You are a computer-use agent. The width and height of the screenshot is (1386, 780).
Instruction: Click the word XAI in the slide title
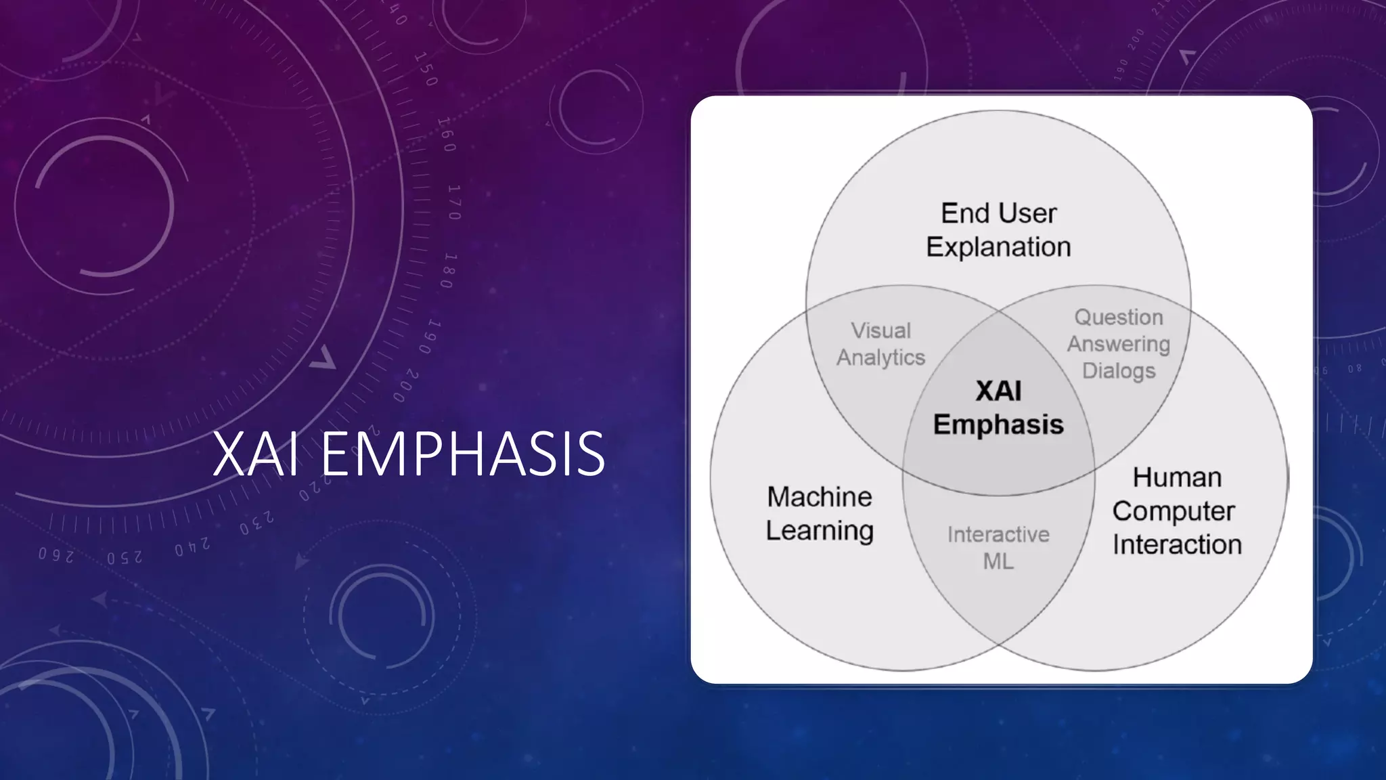256,454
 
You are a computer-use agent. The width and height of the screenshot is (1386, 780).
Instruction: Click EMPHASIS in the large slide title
462,454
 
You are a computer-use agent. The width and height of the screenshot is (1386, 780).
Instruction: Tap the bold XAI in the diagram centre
998,391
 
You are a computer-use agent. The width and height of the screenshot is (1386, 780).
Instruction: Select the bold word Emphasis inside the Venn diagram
998,425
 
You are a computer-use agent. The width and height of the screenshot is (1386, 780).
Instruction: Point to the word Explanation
998,247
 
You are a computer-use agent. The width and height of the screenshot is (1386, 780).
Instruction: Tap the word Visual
880,330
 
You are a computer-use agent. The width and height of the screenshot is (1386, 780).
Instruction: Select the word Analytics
880,357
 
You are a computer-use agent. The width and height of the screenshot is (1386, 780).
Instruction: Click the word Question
1119,317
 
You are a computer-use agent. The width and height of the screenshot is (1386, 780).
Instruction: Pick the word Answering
1119,344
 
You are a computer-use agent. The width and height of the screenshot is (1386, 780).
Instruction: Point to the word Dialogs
1119,371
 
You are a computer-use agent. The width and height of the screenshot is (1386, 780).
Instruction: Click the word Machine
820,497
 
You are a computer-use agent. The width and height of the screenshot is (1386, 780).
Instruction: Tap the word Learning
820,531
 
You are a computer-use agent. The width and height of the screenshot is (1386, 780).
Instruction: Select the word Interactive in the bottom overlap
998,534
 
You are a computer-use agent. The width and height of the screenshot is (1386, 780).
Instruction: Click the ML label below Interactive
998,561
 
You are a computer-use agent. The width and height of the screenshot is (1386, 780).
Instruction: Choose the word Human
1177,477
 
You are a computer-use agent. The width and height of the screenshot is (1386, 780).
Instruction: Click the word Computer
1173,511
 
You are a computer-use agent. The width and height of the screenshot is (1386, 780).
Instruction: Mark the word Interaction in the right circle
1177,544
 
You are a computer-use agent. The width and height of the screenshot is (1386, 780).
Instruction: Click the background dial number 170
454,202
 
